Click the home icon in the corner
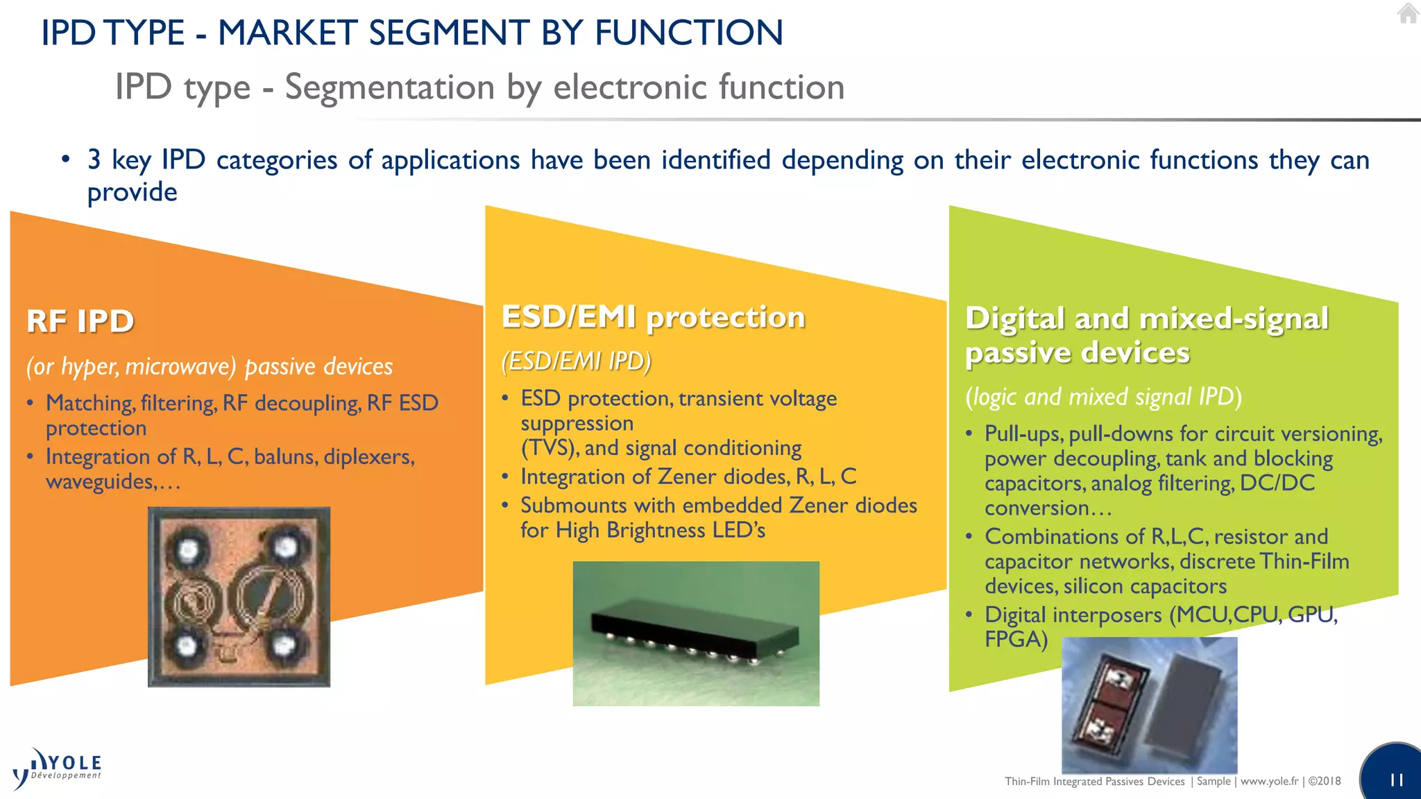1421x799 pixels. coord(1407,13)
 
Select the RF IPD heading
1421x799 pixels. coord(80,321)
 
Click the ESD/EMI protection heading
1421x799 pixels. coord(652,317)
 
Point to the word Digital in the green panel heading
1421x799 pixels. coord(1014,318)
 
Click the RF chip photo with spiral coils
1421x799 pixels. coord(239,596)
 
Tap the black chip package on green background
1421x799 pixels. coord(695,633)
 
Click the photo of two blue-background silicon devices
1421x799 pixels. coord(1149,704)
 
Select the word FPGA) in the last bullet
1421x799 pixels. coord(1016,639)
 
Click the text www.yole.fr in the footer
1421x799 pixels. coord(1269,781)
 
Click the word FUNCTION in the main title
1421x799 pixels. coord(688,33)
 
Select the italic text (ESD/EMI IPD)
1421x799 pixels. coord(576,361)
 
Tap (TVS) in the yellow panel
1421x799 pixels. coord(550,448)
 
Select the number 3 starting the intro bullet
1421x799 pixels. coord(94,160)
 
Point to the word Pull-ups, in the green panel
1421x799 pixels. coord(1023,434)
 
